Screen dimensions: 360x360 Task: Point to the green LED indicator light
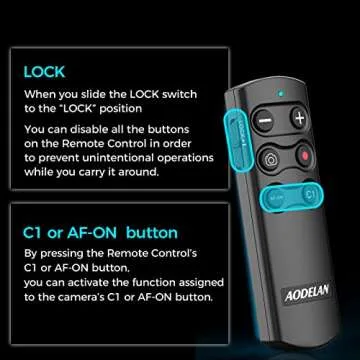point(283,95)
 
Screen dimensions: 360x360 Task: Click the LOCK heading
point(45,72)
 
